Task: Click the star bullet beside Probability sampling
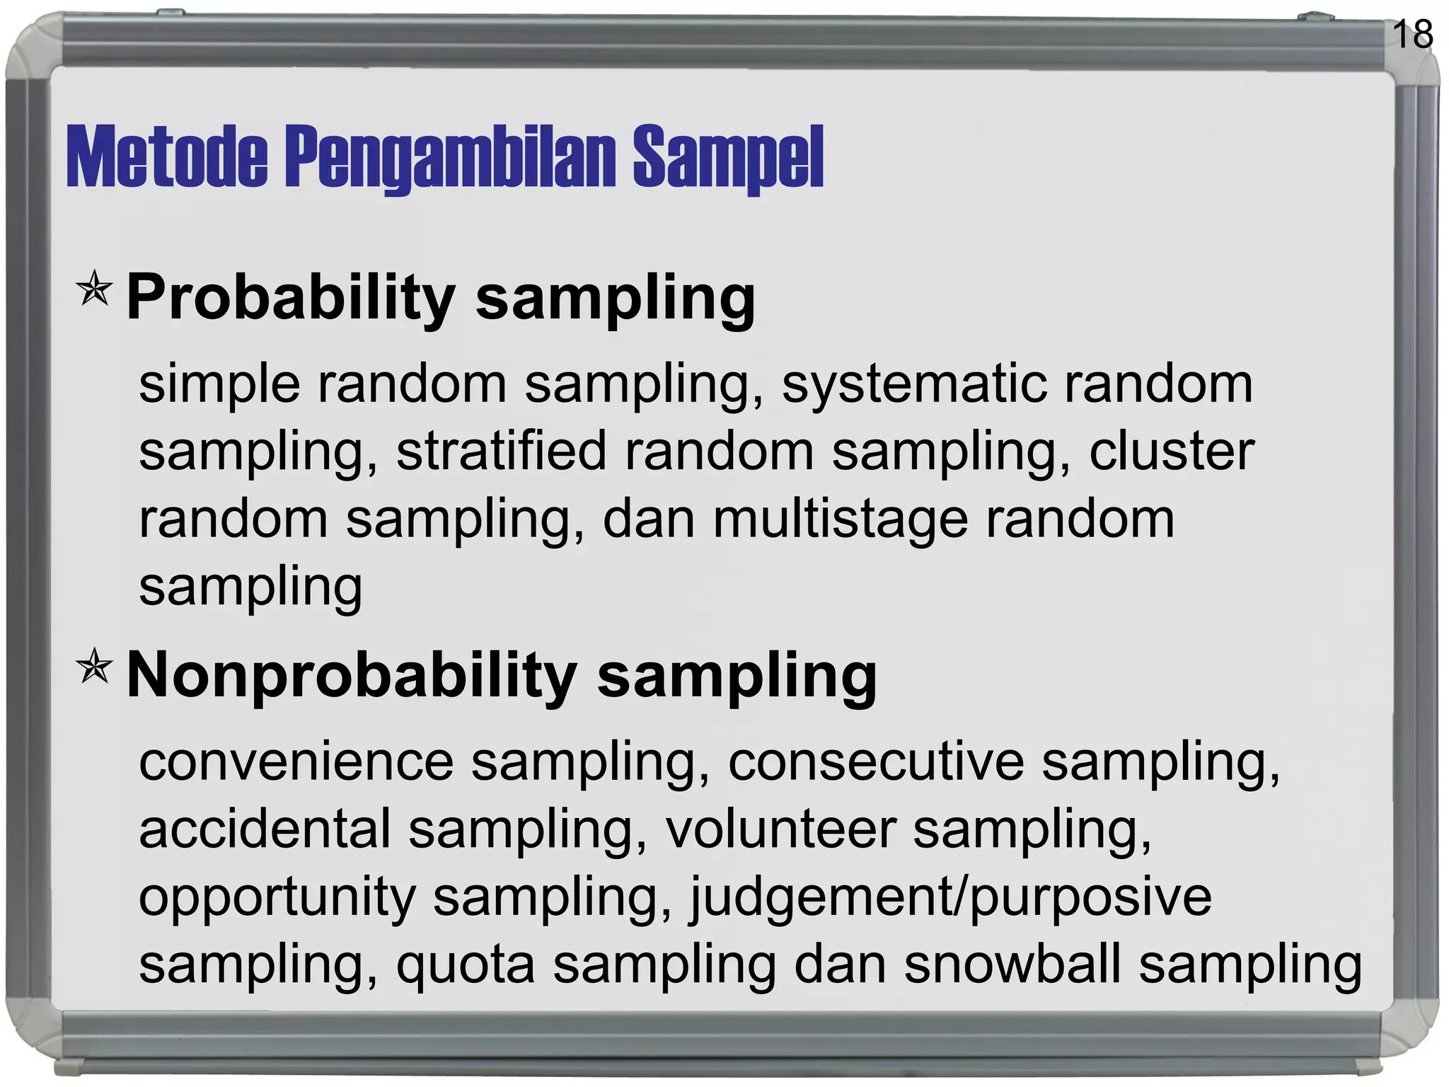[x=94, y=289]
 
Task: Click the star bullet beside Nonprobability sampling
[x=94, y=667]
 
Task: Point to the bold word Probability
[x=291, y=297]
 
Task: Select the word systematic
[x=913, y=385]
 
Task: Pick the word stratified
[x=501, y=451]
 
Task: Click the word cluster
[x=1172, y=451]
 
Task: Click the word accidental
[x=265, y=829]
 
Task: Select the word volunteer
[x=781, y=829]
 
